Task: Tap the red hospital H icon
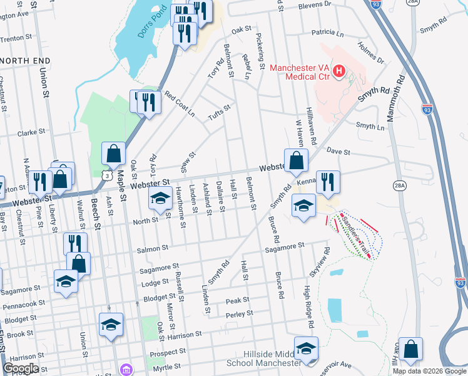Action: pos(338,71)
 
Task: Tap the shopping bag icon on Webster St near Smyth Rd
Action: pos(297,161)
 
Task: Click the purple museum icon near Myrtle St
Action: pos(127,370)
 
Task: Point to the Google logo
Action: pos(21,368)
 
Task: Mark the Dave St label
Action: pos(338,151)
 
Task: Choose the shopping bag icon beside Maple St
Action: pos(113,154)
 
